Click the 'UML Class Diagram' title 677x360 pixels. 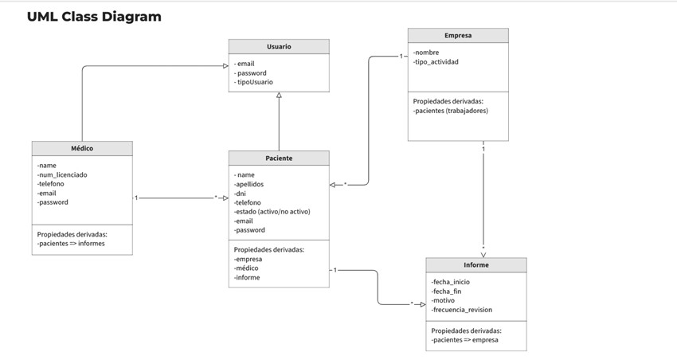[94, 17]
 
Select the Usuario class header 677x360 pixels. [279, 47]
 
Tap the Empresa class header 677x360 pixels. [458, 36]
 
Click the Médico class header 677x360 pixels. [82, 149]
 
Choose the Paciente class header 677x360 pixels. [279, 158]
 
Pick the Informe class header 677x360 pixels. [476, 265]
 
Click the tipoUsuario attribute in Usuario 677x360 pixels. [254, 82]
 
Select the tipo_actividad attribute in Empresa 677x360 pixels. [436, 62]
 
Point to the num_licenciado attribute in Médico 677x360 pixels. [62, 174]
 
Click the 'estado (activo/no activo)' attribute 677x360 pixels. [272, 212]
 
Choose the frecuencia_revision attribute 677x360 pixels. [461, 310]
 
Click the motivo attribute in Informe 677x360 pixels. [443, 300]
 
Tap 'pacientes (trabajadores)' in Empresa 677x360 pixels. [450, 111]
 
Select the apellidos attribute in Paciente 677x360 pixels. [248, 184]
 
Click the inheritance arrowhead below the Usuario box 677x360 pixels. [279, 96]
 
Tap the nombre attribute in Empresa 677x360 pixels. [426, 53]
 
